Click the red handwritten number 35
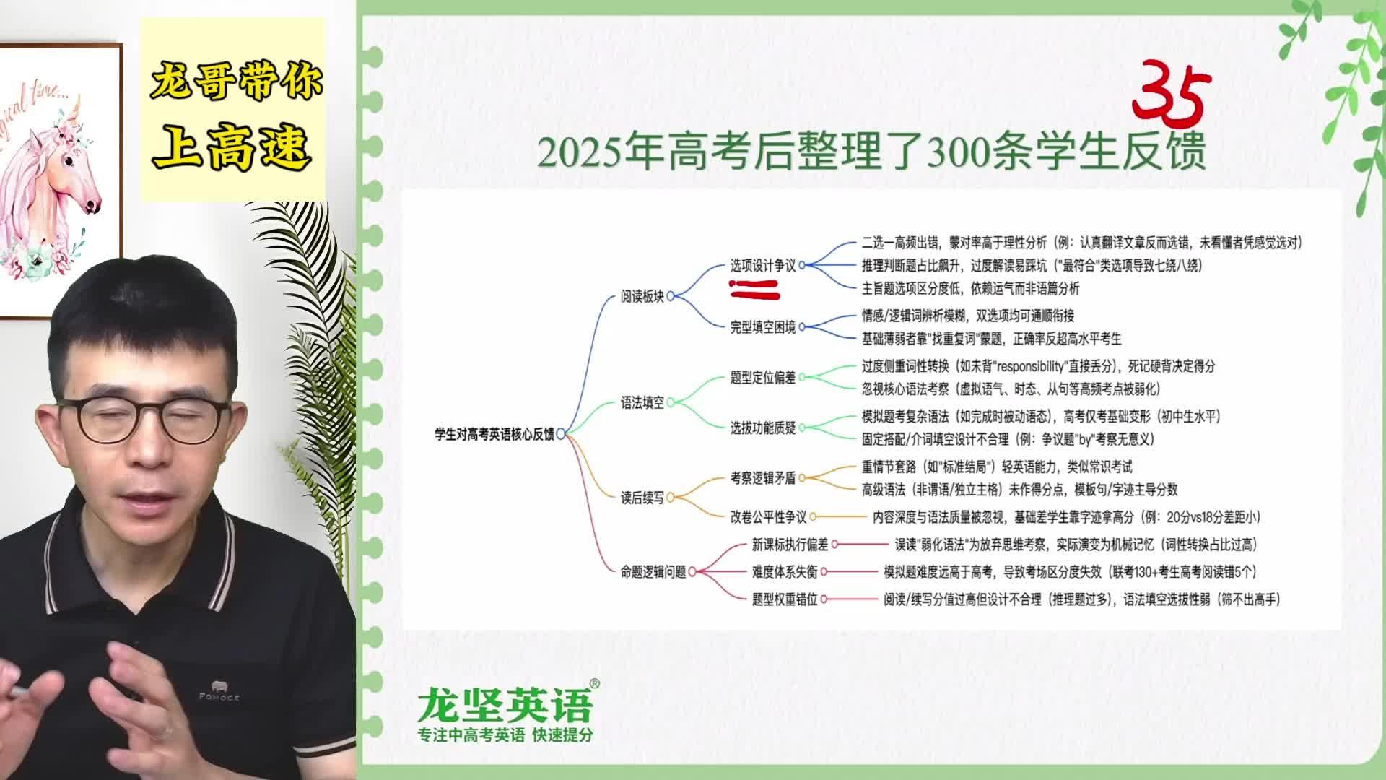pos(1171,94)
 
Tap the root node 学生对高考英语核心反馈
pos(494,434)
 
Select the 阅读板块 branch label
pos(642,296)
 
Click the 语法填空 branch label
pos(642,403)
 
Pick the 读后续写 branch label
pos(642,498)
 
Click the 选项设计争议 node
pos(763,266)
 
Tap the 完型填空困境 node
pos(763,327)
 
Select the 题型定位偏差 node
pos(763,378)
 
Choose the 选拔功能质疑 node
pos(763,428)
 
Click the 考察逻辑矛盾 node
pos(763,477)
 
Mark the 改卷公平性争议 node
pos(768,517)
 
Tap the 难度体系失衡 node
pos(785,572)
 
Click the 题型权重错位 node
pos(785,599)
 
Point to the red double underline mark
pos(755,290)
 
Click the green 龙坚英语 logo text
pos(505,704)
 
